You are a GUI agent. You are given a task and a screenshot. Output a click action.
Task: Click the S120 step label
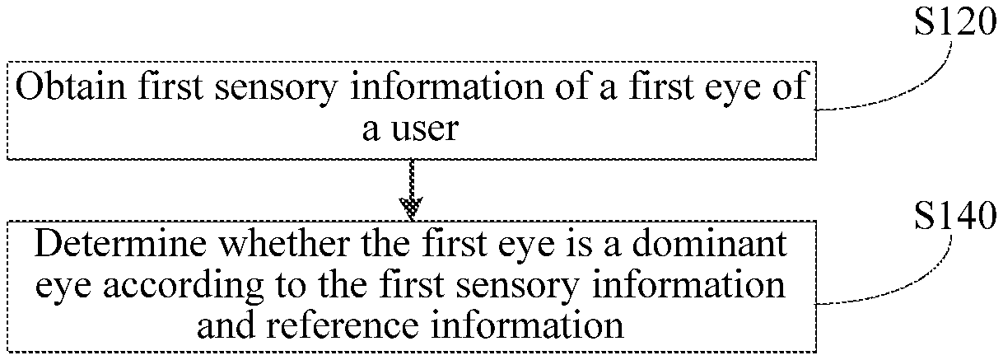point(953,23)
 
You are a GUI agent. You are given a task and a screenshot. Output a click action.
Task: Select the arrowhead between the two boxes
point(410,205)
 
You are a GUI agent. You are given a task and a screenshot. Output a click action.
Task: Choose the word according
point(175,286)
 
